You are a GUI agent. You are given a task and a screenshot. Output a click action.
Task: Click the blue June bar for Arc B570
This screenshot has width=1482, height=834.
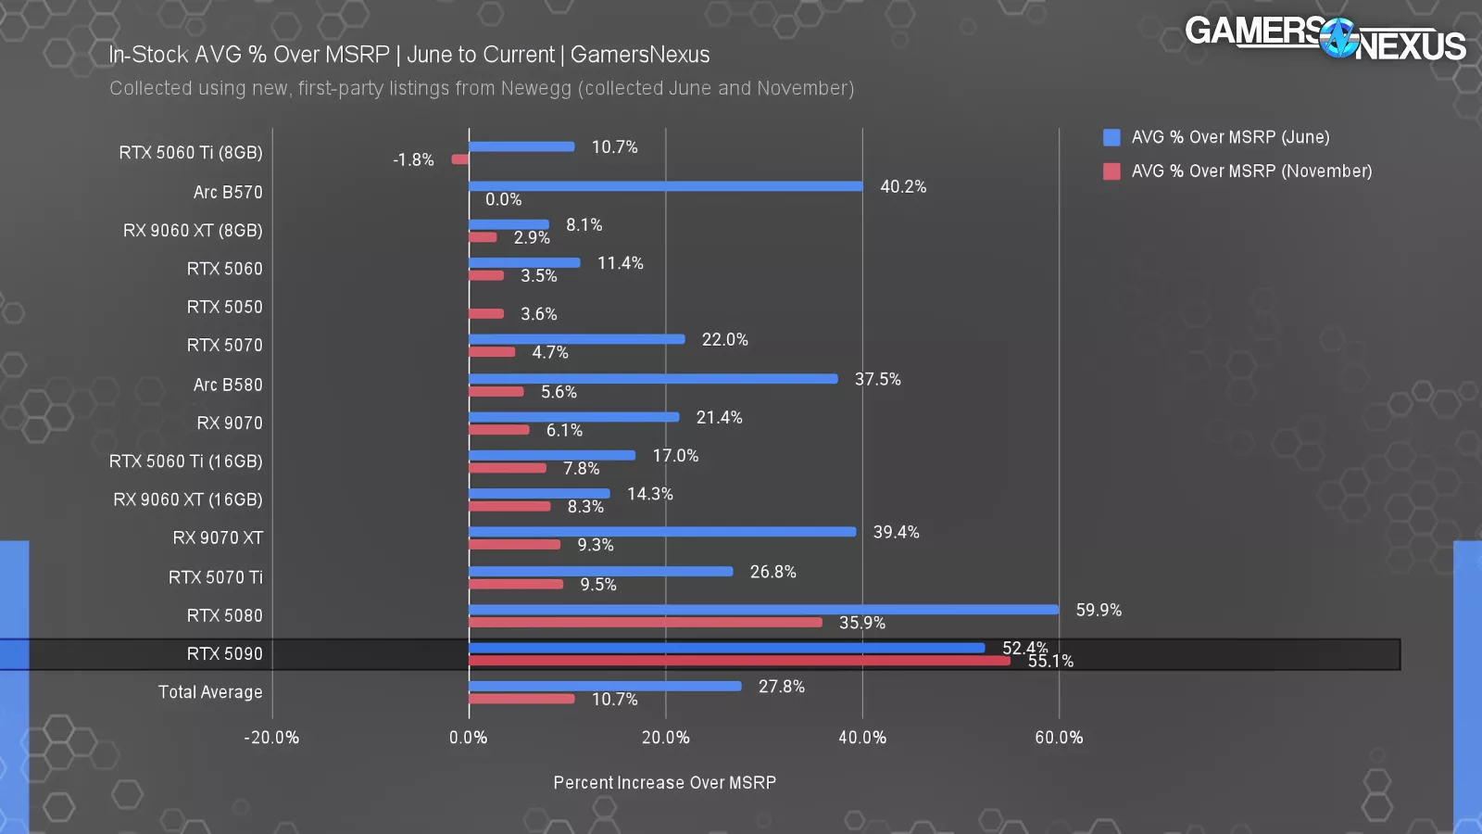[x=665, y=186]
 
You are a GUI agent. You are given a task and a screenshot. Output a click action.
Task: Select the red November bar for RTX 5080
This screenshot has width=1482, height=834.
[x=645, y=623]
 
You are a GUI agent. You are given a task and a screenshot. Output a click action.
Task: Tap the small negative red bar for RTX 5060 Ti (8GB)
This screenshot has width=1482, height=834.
[x=459, y=159]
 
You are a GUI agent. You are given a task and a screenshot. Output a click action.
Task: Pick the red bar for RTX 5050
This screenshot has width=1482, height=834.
[x=486, y=314]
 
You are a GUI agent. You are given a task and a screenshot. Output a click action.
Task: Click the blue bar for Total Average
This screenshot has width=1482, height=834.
[x=605, y=687]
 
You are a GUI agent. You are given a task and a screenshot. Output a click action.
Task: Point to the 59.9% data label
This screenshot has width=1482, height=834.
[x=1099, y=610]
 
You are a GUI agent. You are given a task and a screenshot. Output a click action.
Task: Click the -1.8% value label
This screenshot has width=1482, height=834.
[x=413, y=159]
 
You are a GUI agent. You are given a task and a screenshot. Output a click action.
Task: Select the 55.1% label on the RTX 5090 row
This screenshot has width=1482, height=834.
[x=1050, y=662]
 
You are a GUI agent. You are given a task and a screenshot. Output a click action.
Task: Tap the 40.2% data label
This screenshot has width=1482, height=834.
[x=903, y=186]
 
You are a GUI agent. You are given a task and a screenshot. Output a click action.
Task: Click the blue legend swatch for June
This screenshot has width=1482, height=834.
[x=1111, y=137]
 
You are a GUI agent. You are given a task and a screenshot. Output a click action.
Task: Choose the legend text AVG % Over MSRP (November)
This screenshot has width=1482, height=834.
[x=1251, y=171]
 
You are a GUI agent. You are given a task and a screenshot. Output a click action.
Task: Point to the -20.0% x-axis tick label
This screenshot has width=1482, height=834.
[x=271, y=738]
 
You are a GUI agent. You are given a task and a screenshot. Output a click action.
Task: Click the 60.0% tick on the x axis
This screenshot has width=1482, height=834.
[x=1059, y=738]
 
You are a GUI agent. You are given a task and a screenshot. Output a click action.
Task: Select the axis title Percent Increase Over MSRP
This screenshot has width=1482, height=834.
[x=664, y=783]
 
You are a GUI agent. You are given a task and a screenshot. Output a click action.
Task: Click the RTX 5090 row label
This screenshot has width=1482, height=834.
[x=224, y=654]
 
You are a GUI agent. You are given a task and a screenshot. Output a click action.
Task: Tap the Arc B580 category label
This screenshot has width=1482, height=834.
[x=228, y=385]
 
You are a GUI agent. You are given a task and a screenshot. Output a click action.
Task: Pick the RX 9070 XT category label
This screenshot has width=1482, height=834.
[x=218, y=538]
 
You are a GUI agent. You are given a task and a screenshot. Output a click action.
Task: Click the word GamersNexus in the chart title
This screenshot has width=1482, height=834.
[x=640, y=55]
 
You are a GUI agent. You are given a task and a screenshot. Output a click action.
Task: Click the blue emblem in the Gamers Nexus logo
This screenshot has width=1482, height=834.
[x=1338, y=39]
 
